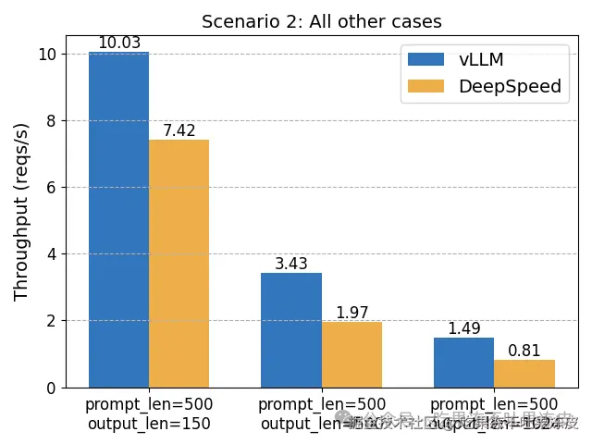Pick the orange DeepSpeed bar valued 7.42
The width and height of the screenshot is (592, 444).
point(179,264)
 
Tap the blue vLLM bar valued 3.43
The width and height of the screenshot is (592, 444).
point(291,330)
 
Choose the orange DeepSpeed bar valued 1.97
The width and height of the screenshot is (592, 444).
point(351,354)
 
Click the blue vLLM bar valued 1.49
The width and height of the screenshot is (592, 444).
point(463,363)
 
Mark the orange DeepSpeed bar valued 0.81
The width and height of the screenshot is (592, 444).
point(524,374)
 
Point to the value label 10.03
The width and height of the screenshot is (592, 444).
point(118,43)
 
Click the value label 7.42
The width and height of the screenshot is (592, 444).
point(179,130)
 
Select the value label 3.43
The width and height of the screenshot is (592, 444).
point(291,264)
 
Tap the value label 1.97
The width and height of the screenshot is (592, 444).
point(351,313)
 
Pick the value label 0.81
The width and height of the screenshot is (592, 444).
point(524,351)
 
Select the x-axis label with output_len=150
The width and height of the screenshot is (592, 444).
point(149,414)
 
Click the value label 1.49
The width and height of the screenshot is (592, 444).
point(463,328)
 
